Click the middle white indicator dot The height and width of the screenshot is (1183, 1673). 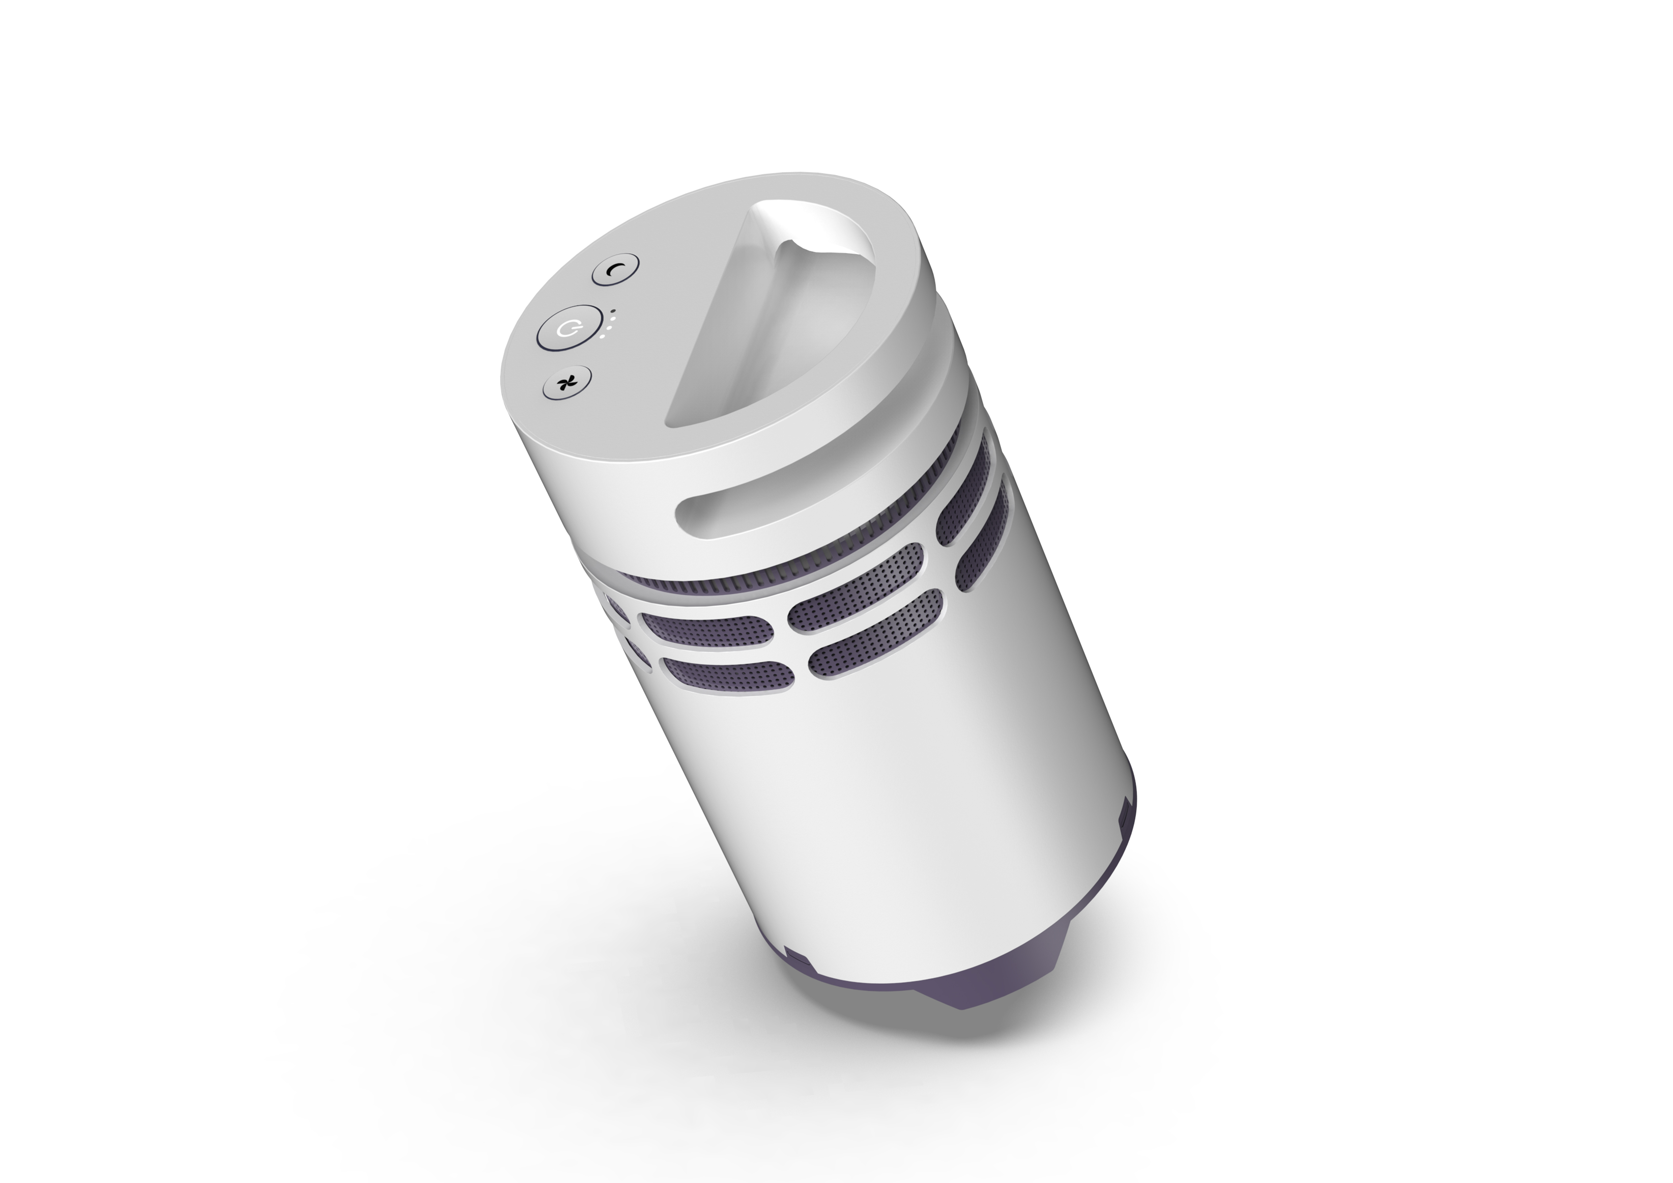pyautogui.click(x=608, y=328)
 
